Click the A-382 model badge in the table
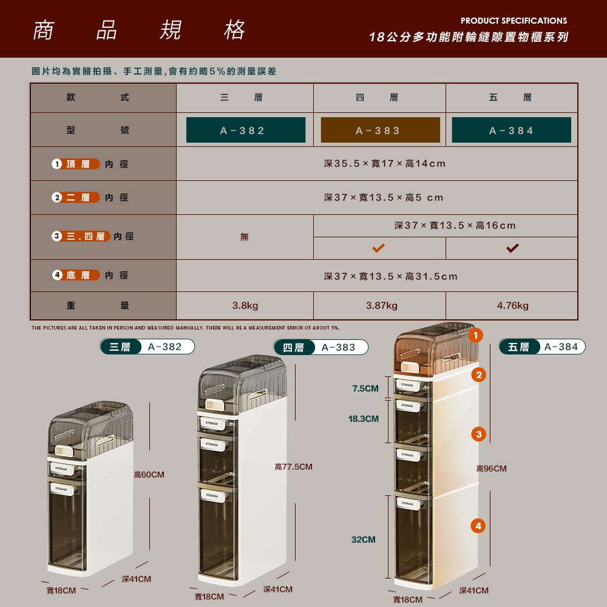[x=245, y=130]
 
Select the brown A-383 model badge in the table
[x=380, y=130]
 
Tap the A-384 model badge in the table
[x=511, y=130]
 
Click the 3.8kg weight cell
[x=245, y=305]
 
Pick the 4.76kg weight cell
[x=512, y=305]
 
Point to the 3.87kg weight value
[x=382, y=305]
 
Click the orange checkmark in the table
[x=379, y=248]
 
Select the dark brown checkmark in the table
[x=512, y=248]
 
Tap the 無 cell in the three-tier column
[x=244, y=237]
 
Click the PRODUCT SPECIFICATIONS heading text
[x=514, y=21]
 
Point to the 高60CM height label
[x=149, y=475]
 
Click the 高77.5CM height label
[x=293, y=467]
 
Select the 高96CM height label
[x=491, y=469]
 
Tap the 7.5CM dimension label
[x=365, y=388]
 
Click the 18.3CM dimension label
[x=363, y=418]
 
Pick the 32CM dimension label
[x=363, y=539]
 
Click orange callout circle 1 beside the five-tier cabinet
[x=475, y=335]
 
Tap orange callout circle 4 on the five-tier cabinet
[x=478, y=526]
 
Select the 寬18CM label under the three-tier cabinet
[x=61, y=591]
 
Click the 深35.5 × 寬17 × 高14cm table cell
[x=385, y=164]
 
